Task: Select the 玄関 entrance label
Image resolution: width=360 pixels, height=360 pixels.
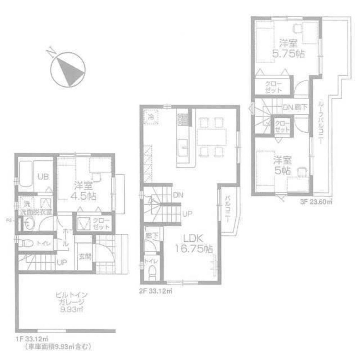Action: coord(85,257)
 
